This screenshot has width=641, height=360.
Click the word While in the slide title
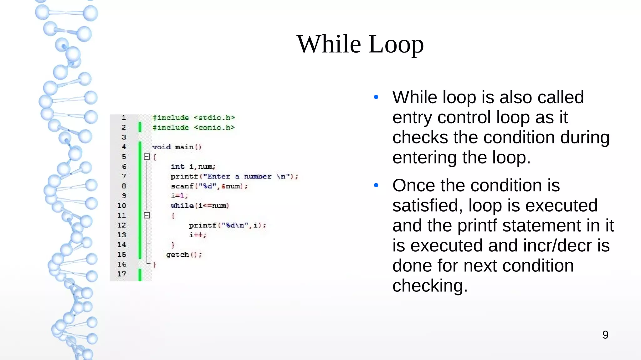click(328, 44)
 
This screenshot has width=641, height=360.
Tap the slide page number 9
click(605, 335)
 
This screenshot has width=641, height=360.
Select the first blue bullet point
click(376, 97)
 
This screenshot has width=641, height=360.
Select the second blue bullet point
click(376, 185)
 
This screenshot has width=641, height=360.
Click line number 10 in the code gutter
click(121, 206)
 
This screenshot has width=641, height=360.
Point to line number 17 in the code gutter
click(121, 274)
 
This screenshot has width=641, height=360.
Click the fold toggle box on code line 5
click(147, 157)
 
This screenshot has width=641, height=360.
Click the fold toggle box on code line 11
click(147, 215)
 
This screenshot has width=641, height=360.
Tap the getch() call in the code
click(184, 255)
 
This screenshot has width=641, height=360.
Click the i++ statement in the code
click(197, 235)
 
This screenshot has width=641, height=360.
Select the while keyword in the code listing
click(182, 206)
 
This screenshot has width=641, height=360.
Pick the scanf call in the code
click(182, 186)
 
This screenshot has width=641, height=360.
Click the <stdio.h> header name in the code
click(214, 118)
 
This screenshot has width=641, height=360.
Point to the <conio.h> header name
click(214, 127)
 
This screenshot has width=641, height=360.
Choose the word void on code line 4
click(162, 147)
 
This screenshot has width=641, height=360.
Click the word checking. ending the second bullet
click(430, 286)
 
